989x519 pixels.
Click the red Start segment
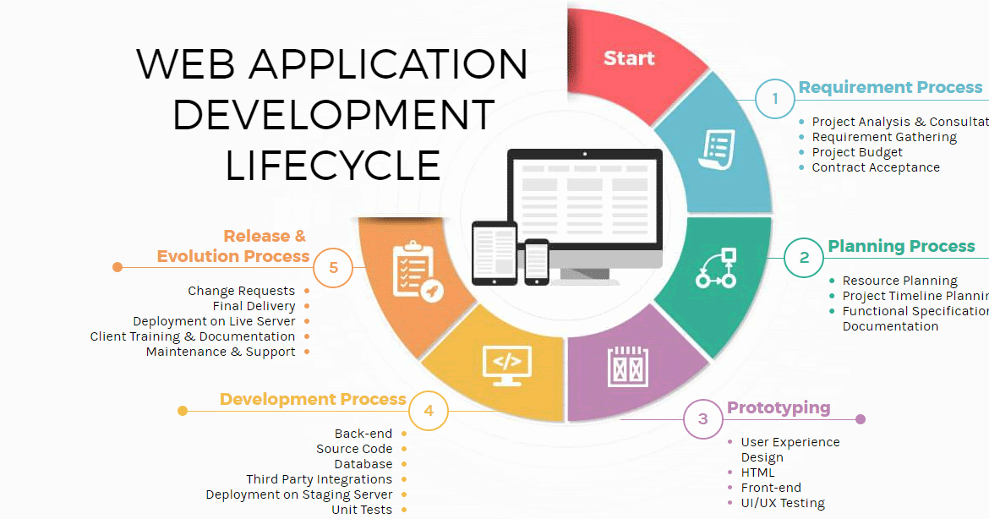[629, 59]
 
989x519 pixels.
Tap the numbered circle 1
[775, 100]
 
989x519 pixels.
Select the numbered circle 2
[804, 258]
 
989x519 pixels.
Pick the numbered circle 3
[703, 419]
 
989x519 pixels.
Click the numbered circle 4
[429, 412]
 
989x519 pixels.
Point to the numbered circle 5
[333, 268]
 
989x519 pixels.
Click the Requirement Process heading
[890, 87]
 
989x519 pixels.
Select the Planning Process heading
[901, 246]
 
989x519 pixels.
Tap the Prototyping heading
[779, 407]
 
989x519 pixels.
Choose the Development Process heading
[313, 399]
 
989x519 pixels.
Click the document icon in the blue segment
[716, 150]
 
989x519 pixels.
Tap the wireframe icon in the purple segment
[626, 367]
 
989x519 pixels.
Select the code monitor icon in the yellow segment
[506, 364]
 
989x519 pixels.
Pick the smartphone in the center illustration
[537, 262]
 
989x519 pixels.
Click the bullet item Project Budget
[857, 152]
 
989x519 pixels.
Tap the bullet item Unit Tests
[362, 510]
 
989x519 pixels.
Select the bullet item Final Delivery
[254, 306]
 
